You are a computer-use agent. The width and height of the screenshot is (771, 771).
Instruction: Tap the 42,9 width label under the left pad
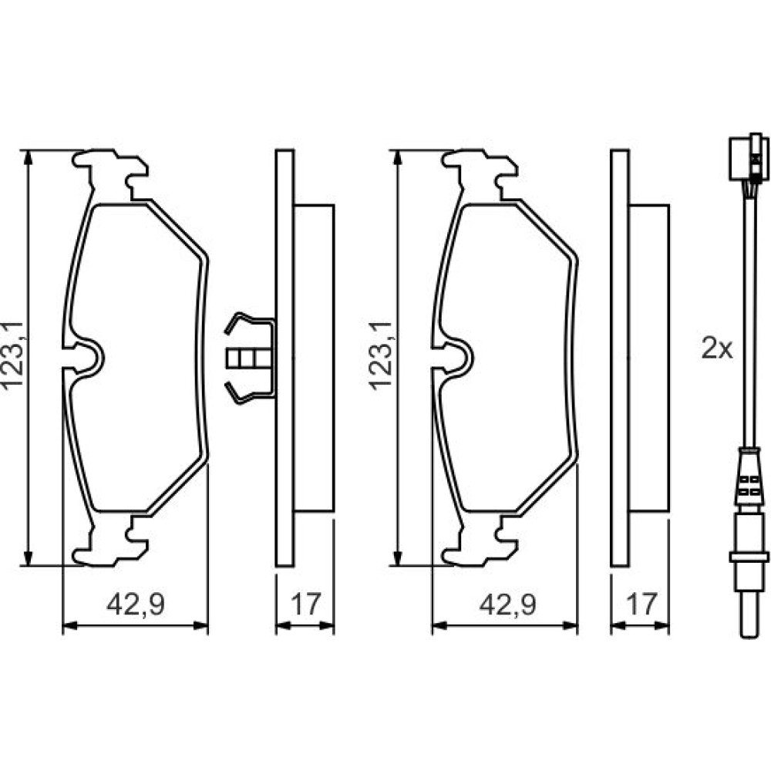click(136, 604)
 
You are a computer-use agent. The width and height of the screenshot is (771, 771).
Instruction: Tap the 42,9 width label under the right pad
click(508, 604)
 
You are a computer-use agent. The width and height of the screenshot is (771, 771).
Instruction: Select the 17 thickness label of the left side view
click(306, 604)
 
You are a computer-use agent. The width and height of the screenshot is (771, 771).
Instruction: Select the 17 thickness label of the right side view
click(641, 604)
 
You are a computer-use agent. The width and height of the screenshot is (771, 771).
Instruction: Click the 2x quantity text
click(717, 349)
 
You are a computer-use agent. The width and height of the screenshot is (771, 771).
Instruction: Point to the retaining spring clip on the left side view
click(249, 359)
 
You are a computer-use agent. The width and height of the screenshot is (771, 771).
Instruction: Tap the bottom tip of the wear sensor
click(750, 638)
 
